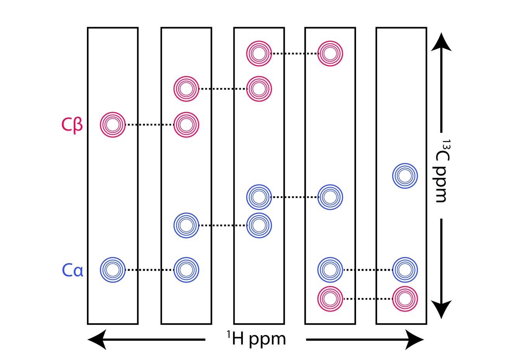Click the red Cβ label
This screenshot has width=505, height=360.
(72, 125)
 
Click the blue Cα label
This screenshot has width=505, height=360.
(73, 270)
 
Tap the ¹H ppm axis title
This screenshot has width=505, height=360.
(256, 339)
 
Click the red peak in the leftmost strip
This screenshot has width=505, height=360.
(112, 125)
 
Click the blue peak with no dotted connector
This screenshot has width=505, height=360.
(405, 176)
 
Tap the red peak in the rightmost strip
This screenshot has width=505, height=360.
(405, 299)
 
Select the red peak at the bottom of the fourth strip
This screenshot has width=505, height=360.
(330, 299)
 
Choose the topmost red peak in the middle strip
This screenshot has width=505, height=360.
(259, 53)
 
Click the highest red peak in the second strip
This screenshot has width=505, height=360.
(186, 89)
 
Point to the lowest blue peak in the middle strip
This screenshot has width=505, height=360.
(259, 225)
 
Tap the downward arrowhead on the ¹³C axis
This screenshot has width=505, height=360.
(441, 309)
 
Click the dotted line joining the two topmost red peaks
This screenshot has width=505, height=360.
(294, 53)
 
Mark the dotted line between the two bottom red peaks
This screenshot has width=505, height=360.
(367, 299)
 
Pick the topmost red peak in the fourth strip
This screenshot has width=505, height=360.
(330, 53)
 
